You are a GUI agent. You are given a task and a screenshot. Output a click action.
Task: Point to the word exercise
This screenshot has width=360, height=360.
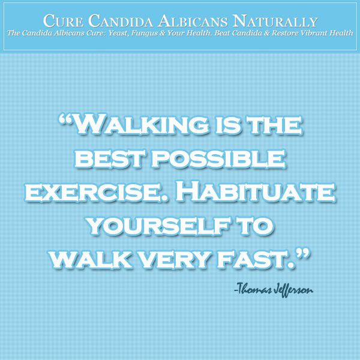pyautogui.click(x=96, y=193)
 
